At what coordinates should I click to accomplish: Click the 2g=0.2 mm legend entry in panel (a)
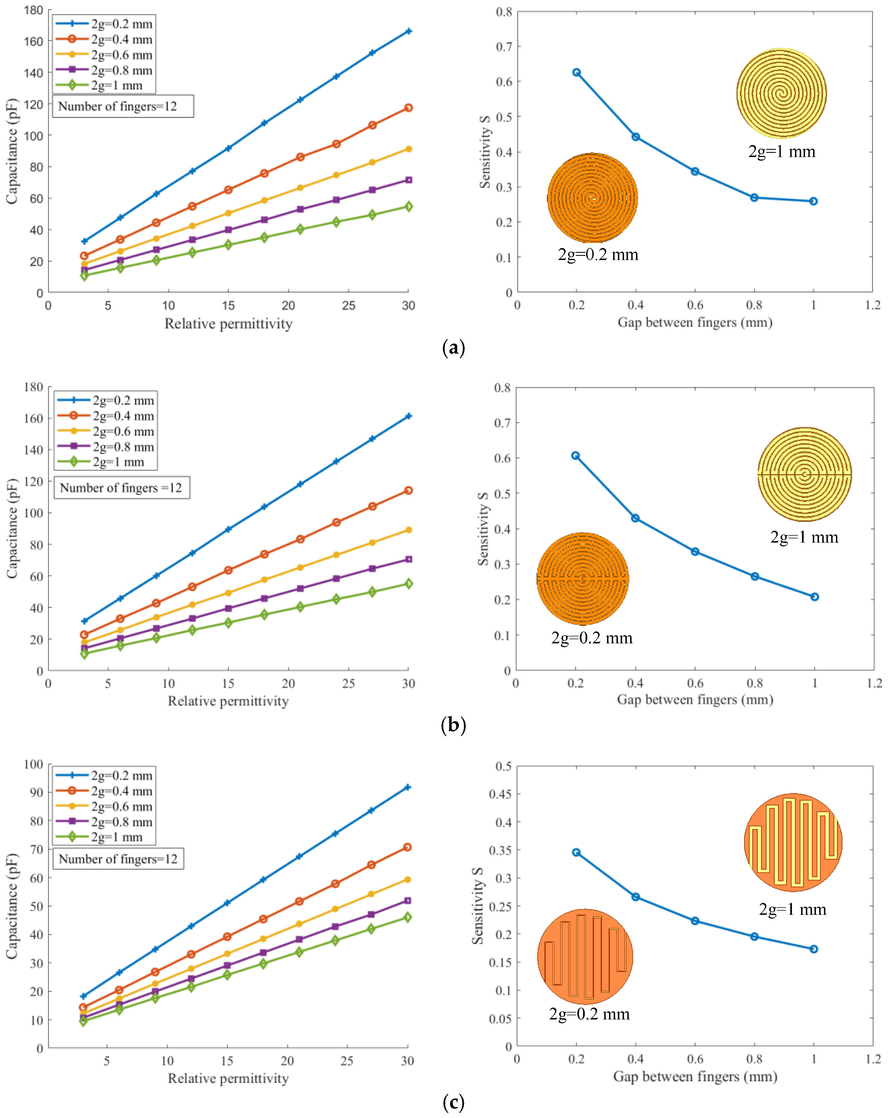point(104,24)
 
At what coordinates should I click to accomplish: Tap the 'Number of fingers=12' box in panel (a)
point(123,106)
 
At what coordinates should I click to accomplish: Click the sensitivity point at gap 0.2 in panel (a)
point(576,73)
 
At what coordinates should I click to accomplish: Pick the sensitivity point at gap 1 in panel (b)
point(814,597)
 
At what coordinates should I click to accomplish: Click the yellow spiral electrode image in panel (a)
point(781,94)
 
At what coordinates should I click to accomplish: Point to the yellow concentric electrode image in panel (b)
point(804,474)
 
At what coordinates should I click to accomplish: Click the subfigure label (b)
point(453,724)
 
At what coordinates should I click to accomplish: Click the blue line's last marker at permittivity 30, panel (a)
point(408,32)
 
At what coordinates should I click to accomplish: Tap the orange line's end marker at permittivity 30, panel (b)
point(408,491)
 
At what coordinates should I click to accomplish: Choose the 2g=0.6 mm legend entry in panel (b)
point(105,431)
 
